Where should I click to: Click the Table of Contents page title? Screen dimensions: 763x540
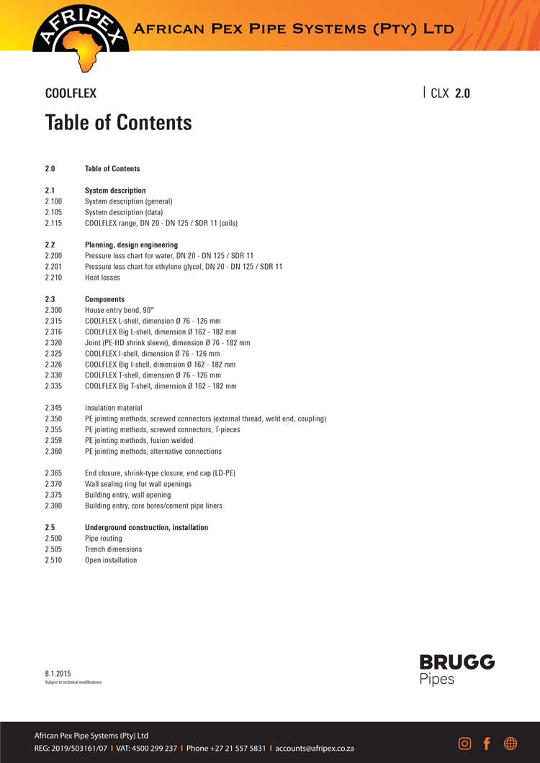[118, 122]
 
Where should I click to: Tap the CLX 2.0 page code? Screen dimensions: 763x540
[449, 93]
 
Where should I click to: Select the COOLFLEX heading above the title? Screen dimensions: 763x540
[71, 93]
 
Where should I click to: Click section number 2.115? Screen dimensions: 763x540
[54, 223]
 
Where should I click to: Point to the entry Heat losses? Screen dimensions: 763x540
[102, 278]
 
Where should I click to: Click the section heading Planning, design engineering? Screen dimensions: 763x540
[131, 245]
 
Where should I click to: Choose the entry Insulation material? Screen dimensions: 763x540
[113, 408]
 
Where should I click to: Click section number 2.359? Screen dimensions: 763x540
[54, 441]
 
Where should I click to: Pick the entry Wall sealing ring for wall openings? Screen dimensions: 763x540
[138, 484]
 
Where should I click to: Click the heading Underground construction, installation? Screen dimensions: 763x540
[146, 528]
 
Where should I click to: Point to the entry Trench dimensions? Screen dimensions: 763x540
[113, 549]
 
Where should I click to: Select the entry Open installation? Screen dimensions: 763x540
[111, 560]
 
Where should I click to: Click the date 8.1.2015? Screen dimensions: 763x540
[58, 673]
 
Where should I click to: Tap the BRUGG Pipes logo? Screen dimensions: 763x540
[456, 670]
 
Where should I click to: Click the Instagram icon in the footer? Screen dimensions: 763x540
[465, 744]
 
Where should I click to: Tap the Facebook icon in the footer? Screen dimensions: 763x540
[487, 744]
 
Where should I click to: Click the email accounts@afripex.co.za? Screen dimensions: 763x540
[314, 748]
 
